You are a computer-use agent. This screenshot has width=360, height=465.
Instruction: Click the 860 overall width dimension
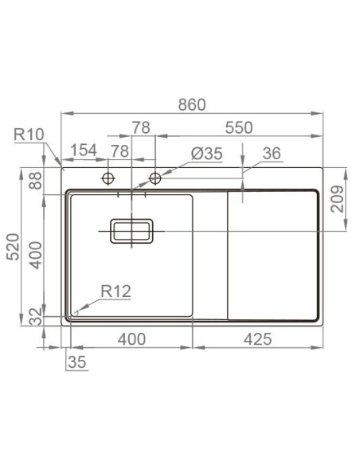point(191,104)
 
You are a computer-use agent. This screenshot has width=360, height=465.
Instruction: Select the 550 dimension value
point(238,127)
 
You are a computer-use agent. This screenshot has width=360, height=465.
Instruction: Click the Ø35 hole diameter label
point(206,154)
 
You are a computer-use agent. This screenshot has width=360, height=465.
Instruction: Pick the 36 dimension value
point(271,154)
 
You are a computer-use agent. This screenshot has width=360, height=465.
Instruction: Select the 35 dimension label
point(76,361)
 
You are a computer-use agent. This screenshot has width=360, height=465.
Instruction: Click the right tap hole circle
point(155,177)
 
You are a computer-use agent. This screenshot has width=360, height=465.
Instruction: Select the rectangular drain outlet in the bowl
point(131,232)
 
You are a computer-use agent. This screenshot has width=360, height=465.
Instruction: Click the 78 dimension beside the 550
point(141,127)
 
